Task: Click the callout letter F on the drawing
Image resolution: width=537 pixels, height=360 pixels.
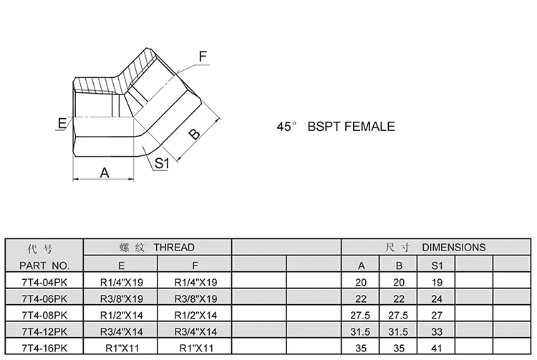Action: coord(203,56)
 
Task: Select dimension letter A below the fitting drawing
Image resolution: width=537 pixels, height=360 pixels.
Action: coord(103,172)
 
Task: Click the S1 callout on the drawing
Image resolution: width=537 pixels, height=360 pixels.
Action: coord(161,163)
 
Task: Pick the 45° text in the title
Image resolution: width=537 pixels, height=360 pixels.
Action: coord(286,126)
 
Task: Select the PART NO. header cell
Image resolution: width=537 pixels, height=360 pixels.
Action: coord(45,265)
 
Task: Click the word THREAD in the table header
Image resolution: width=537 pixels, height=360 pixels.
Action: coord(173,247)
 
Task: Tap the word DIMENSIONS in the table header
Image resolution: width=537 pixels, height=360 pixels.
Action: coord(453,247)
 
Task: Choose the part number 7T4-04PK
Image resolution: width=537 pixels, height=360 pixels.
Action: coord(44,282)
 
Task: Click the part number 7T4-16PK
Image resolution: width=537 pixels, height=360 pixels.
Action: coord(44,348)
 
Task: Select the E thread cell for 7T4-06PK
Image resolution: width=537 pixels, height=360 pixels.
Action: coord(122,298)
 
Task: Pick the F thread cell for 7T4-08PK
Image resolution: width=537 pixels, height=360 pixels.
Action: coord(195,315)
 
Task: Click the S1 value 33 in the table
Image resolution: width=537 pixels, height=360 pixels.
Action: coord(437,331)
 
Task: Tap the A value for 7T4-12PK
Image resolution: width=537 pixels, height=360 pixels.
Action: coord(362,331)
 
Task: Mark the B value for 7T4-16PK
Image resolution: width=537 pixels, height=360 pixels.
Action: coord(399,348)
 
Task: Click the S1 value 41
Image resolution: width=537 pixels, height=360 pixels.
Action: coord(437,348)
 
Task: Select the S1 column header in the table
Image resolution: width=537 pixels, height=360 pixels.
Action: coord(437,266)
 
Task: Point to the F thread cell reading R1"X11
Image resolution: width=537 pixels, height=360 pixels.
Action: coord(195,348)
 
